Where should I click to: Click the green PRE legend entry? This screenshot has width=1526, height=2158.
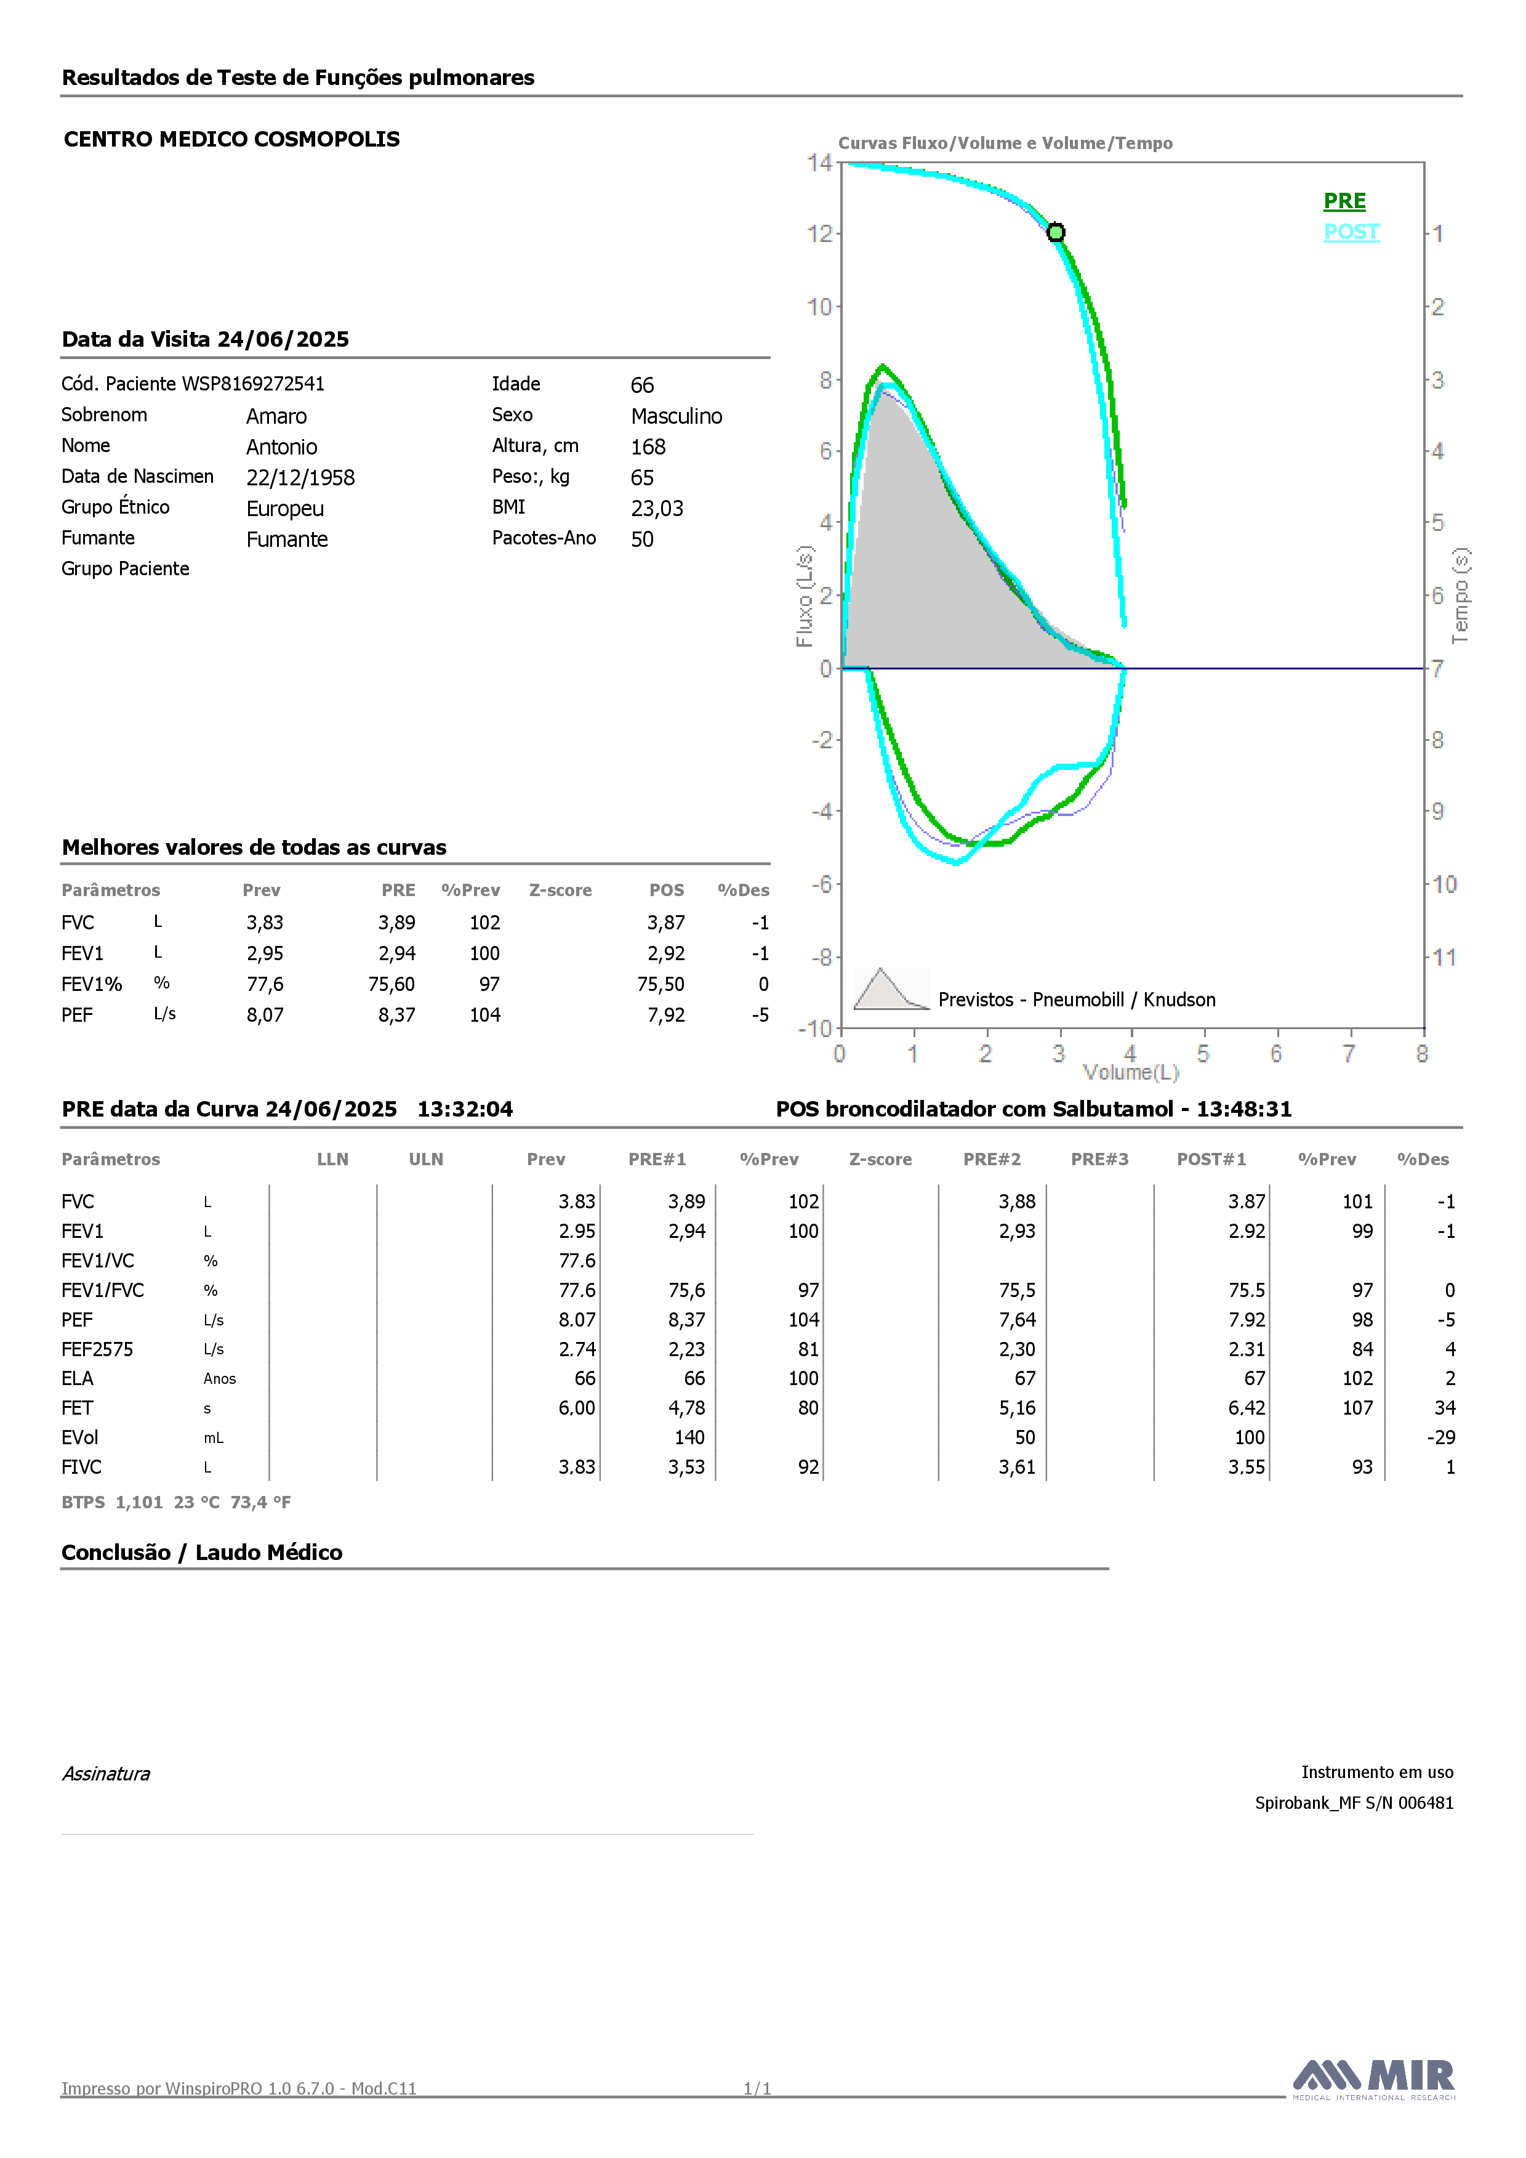click(1344, 201)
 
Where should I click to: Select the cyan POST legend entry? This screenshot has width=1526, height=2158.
click(1351, 232)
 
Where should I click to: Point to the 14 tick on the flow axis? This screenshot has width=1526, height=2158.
click(819, 163)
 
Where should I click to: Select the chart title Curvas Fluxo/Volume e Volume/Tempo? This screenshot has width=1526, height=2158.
click(1005, 143)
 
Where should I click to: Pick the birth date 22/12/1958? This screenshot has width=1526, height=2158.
click(300, 477)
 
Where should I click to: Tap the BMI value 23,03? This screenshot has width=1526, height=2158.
click(657, 509)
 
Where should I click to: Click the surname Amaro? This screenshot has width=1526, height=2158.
click(276, 416)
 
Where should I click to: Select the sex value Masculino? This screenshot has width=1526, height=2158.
click(677, 416)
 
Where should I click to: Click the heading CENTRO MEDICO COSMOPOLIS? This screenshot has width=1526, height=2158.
click(232, 139)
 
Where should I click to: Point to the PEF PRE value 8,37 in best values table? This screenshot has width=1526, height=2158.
click(396, 1015)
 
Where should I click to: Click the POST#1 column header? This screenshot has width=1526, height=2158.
click(1211, 1159)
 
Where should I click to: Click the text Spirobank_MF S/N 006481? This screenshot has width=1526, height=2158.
click(1354, 1803)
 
